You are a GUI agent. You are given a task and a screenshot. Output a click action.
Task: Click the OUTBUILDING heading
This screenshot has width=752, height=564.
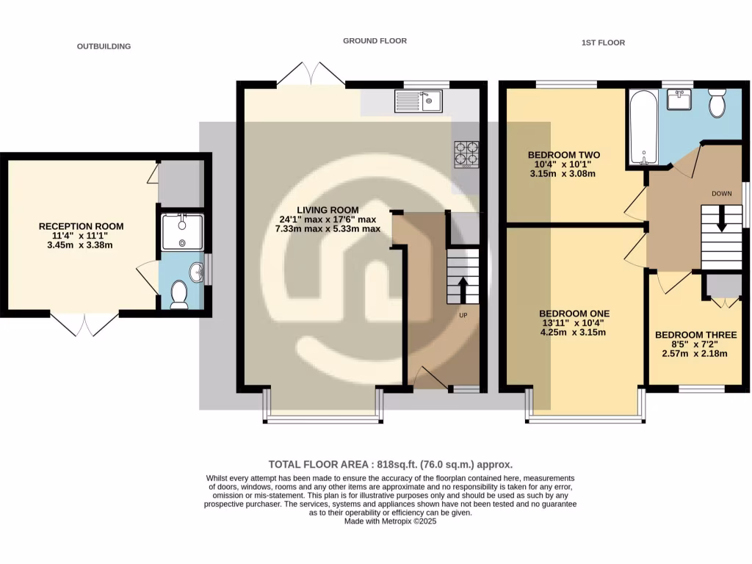tap(104, 46)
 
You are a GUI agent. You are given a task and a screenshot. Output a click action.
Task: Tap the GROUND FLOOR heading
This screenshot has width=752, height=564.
tap(375, 41)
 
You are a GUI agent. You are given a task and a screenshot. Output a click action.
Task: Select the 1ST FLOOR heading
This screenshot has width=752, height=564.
tap(603, 43)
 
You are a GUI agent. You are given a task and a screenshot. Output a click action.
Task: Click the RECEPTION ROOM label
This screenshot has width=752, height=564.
tap(81, 226)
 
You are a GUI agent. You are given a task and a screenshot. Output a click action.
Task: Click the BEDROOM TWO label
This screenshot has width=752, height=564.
tap(564, 155)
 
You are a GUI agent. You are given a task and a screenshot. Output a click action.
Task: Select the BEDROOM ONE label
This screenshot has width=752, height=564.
tap(574, 313)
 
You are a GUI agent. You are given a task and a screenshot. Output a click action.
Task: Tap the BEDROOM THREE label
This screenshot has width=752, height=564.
tap(690, 335)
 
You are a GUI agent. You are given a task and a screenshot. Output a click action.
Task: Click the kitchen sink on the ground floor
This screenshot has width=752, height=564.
tap(417, 101)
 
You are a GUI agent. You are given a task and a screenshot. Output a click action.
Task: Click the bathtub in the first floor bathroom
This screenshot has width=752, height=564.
tap(643, 127)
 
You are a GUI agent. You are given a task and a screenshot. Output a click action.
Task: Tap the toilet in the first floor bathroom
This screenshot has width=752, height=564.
tap(717, 104)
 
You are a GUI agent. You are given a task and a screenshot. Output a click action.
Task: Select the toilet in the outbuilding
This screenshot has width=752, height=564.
tap(178, 296)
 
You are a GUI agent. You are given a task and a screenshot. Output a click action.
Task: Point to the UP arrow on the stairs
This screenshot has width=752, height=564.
tap(463, 289)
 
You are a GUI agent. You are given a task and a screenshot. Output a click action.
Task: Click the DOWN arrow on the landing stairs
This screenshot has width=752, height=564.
tap(721, 218)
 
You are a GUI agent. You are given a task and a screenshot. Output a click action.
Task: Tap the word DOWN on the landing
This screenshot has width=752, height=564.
tap(722, 194)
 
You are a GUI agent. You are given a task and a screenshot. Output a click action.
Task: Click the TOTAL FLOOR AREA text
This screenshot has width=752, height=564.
tap(390, 464)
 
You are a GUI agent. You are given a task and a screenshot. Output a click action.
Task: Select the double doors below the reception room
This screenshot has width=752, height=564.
tap(84, 324)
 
